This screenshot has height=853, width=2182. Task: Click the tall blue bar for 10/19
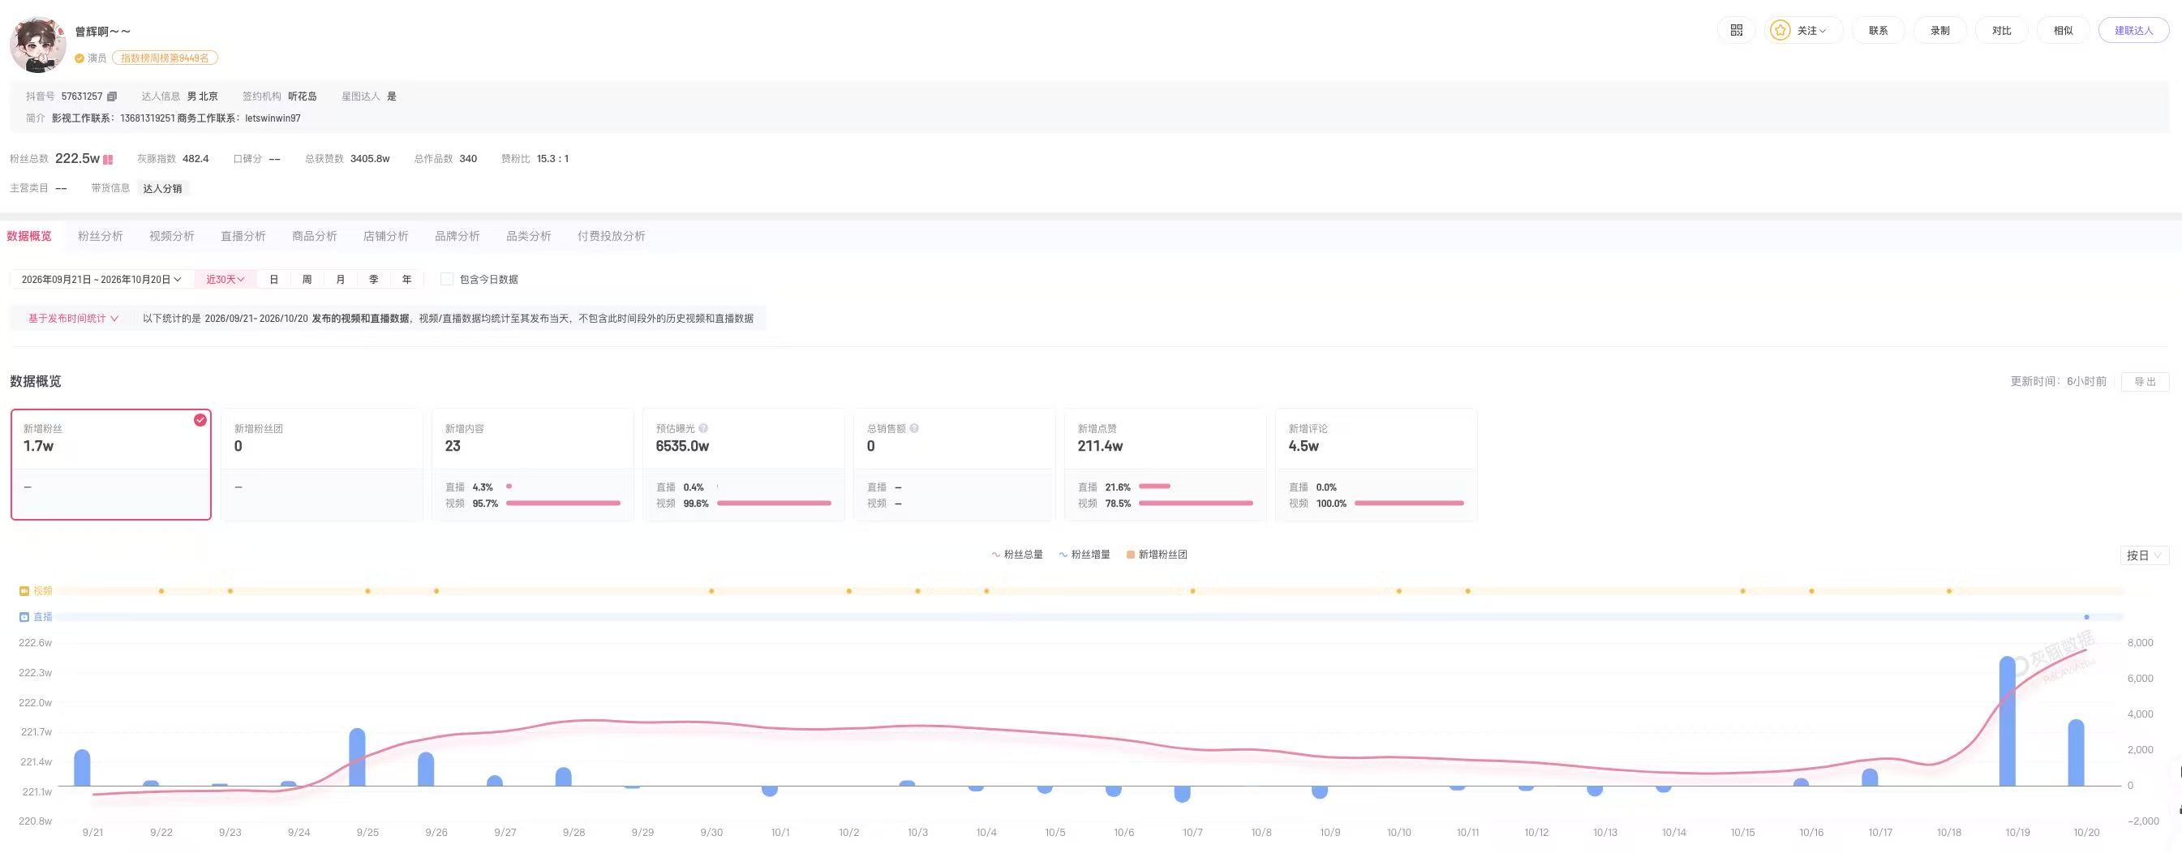2007,721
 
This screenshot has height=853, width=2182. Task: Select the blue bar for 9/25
357,757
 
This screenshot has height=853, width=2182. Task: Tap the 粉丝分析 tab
100,236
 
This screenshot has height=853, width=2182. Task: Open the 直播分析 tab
243,236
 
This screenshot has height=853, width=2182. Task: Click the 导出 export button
2145,382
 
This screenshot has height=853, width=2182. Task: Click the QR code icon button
1737,31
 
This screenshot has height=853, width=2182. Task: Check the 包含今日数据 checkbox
446,280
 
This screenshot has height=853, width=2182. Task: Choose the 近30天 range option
226,280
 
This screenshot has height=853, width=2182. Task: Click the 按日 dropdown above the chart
2144,555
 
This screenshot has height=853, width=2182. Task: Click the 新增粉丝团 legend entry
1157,555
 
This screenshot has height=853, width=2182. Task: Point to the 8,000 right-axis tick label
2140,643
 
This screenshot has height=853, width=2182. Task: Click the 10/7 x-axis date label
1192,833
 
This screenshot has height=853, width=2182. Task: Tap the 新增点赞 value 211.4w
1099,447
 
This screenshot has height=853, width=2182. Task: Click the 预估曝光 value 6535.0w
682,447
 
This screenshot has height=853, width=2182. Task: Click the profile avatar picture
38,44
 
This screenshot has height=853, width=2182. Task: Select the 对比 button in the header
2002,31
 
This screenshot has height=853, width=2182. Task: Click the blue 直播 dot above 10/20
2086,617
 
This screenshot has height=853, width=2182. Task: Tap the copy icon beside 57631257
112,96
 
